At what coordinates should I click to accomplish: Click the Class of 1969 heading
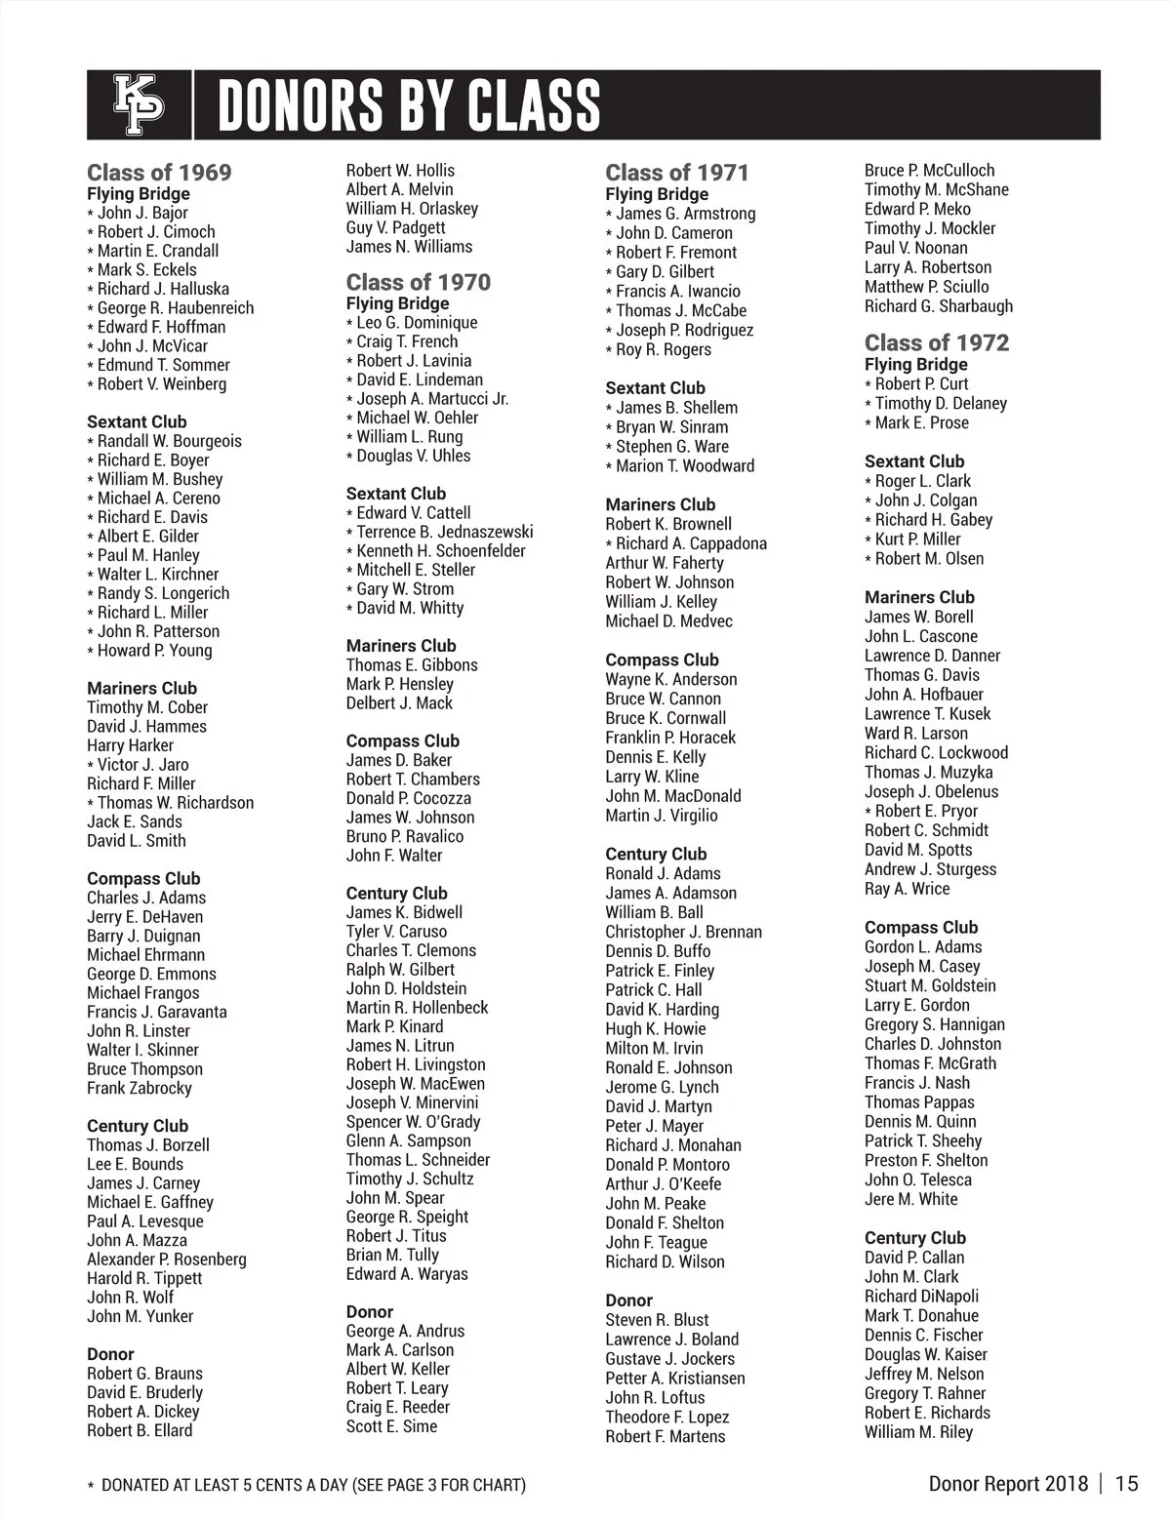tap(159, 173)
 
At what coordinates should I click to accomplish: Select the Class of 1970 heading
tap(418, 282)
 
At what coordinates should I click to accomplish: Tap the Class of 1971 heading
tap(676, 173)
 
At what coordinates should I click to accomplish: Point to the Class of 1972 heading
tap(936, 342)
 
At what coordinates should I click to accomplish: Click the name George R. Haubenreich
tap(175, 308)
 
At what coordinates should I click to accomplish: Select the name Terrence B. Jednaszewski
tap(444, 532)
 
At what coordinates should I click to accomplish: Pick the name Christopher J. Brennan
tap(683, 932)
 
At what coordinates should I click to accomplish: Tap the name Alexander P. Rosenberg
tap(166, 1260)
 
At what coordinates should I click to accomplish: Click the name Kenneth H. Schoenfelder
tap(440, 551)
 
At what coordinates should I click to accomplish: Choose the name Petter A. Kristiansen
tap(674, 1379)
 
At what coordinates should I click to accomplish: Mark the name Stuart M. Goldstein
tap(930, 985)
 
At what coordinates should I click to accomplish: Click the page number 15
tap(1126, 1484)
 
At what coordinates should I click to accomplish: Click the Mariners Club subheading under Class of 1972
tap(919, 597)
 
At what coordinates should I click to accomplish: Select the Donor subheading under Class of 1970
tap(370, 1312)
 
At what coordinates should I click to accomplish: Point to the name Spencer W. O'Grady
tap(413, 1122)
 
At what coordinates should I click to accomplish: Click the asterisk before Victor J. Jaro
tap(91, 766)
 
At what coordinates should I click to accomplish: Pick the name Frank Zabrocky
tap(139, 1088)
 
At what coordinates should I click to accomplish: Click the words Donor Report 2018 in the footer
tap(1007, 1484)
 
